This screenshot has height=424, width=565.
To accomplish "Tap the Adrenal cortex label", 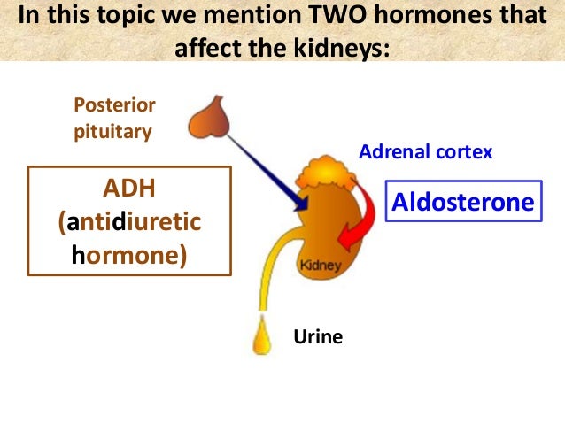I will click(425, 152).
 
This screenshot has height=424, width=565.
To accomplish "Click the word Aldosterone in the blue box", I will click(464, 203).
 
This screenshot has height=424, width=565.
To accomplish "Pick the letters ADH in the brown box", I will click(130, 188).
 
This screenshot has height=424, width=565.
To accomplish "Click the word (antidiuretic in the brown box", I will click(130, 220).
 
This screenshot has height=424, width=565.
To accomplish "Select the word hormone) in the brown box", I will click(130, 254).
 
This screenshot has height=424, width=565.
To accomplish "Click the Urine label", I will click(317, 336).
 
